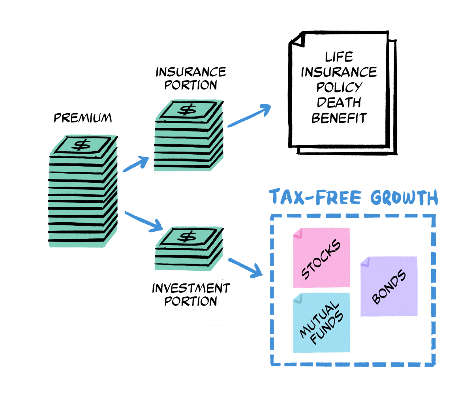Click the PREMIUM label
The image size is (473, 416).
click(x=83, y=118)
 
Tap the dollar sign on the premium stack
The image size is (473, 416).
click(x=83, y=145)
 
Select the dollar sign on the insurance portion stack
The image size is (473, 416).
click(x=187, y=109)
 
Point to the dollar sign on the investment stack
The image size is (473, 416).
click(x=187, y=236)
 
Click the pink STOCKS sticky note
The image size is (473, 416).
click(x=321, y=258)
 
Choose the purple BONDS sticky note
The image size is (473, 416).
click(x=389, y=286)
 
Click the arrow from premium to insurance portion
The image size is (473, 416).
click(x=136, y=164)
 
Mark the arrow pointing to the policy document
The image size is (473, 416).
click(x=249, y=116)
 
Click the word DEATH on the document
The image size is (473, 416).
click(x=339, y=103)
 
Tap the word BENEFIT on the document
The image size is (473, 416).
click(x=339, y=118)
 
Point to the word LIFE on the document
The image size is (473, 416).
click(x=339, y=57)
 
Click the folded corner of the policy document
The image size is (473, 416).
click(x=298, y=40)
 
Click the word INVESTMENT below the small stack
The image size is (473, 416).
click(x=191, y=289)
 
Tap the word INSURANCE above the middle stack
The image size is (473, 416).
click(x=191, y=72)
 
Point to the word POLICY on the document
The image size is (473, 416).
click(x=339, y=87)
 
